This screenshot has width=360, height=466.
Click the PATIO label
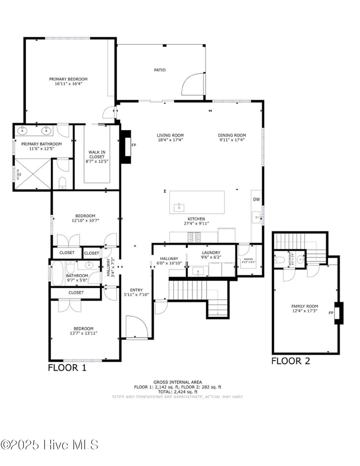[x=160, y=70]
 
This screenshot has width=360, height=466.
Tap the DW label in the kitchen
[x=256, y=199]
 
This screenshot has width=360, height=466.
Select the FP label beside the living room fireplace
[x=134, y=145]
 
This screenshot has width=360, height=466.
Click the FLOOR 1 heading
[x=67, y=368]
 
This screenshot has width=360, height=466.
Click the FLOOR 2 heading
[x=290, y=361]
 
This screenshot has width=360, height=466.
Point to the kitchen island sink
[x=179, y=207]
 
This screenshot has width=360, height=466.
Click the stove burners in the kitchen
[x=194, y=238]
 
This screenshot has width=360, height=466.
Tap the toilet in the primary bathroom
[x=63, y=183]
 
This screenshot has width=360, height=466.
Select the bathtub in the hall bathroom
[x=57, y=273]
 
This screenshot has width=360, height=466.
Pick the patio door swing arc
[x=193, y=84]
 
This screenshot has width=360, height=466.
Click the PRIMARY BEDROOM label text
[x=68, y=79]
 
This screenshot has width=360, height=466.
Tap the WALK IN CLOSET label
[x=97, y=154]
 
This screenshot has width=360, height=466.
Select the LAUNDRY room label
[x=211, y=253]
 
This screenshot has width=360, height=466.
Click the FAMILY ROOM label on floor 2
[x=304, y=306]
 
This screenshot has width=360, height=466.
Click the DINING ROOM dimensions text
[x=232, y=140]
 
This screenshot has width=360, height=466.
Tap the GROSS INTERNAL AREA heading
[x=177, y=382]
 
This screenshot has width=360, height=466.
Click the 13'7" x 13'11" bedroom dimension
[x=83, y=333]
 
